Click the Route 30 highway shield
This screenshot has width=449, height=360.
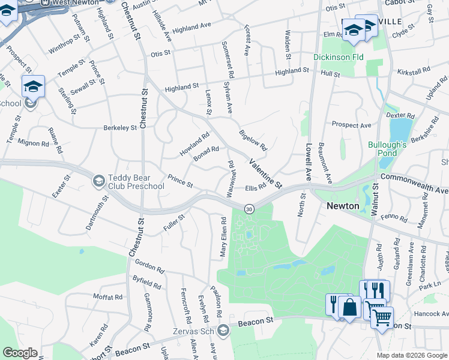click(x=250, y=209)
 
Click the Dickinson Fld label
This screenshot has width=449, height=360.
click(x=339, y=58)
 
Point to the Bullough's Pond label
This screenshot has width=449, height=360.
click(x=388, y=149)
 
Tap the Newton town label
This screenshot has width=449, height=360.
click(x=343, y=206)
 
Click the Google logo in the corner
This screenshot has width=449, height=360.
click(x=20, y=353)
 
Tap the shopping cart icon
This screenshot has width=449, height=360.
click(x=382, y=316)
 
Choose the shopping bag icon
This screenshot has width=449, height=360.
click(x=349, y=307)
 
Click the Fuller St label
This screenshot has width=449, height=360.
click(x=173, y=223)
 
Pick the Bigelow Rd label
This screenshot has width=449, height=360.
click(x=253, y=140)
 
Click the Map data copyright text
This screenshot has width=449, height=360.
click(x=412, y=355)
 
